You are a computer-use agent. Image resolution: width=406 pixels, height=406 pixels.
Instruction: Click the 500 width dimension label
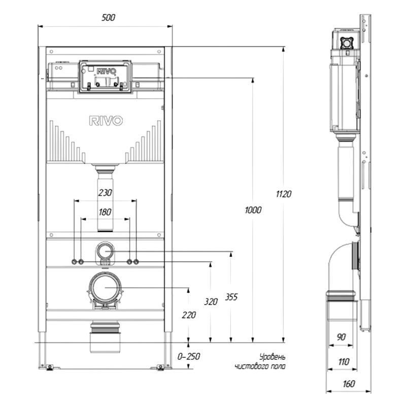pos(108,18)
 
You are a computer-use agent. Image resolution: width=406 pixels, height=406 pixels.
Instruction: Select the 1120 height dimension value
pos(284,194)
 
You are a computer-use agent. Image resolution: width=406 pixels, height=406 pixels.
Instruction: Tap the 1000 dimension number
pos(253,210)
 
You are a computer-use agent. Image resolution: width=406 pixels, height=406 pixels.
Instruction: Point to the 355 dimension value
pos(231,297)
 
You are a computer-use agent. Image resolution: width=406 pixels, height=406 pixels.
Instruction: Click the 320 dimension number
pos(211,301)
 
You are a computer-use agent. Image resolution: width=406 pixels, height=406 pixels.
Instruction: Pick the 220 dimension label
pos(189,315)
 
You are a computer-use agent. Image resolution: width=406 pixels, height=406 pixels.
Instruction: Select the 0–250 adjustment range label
pos(188,357)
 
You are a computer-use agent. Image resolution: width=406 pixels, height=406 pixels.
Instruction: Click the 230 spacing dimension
pos(105,193)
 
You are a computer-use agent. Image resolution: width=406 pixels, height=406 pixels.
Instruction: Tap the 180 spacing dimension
pos(105,212)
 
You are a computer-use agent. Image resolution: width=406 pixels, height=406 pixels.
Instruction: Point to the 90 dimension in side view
pos(341,337)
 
